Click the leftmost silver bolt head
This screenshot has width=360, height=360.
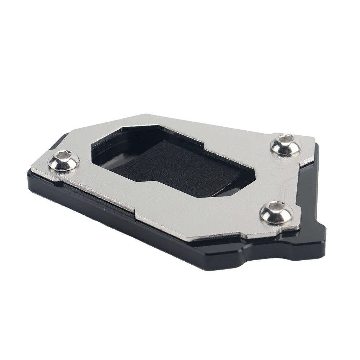click(64, 160)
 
